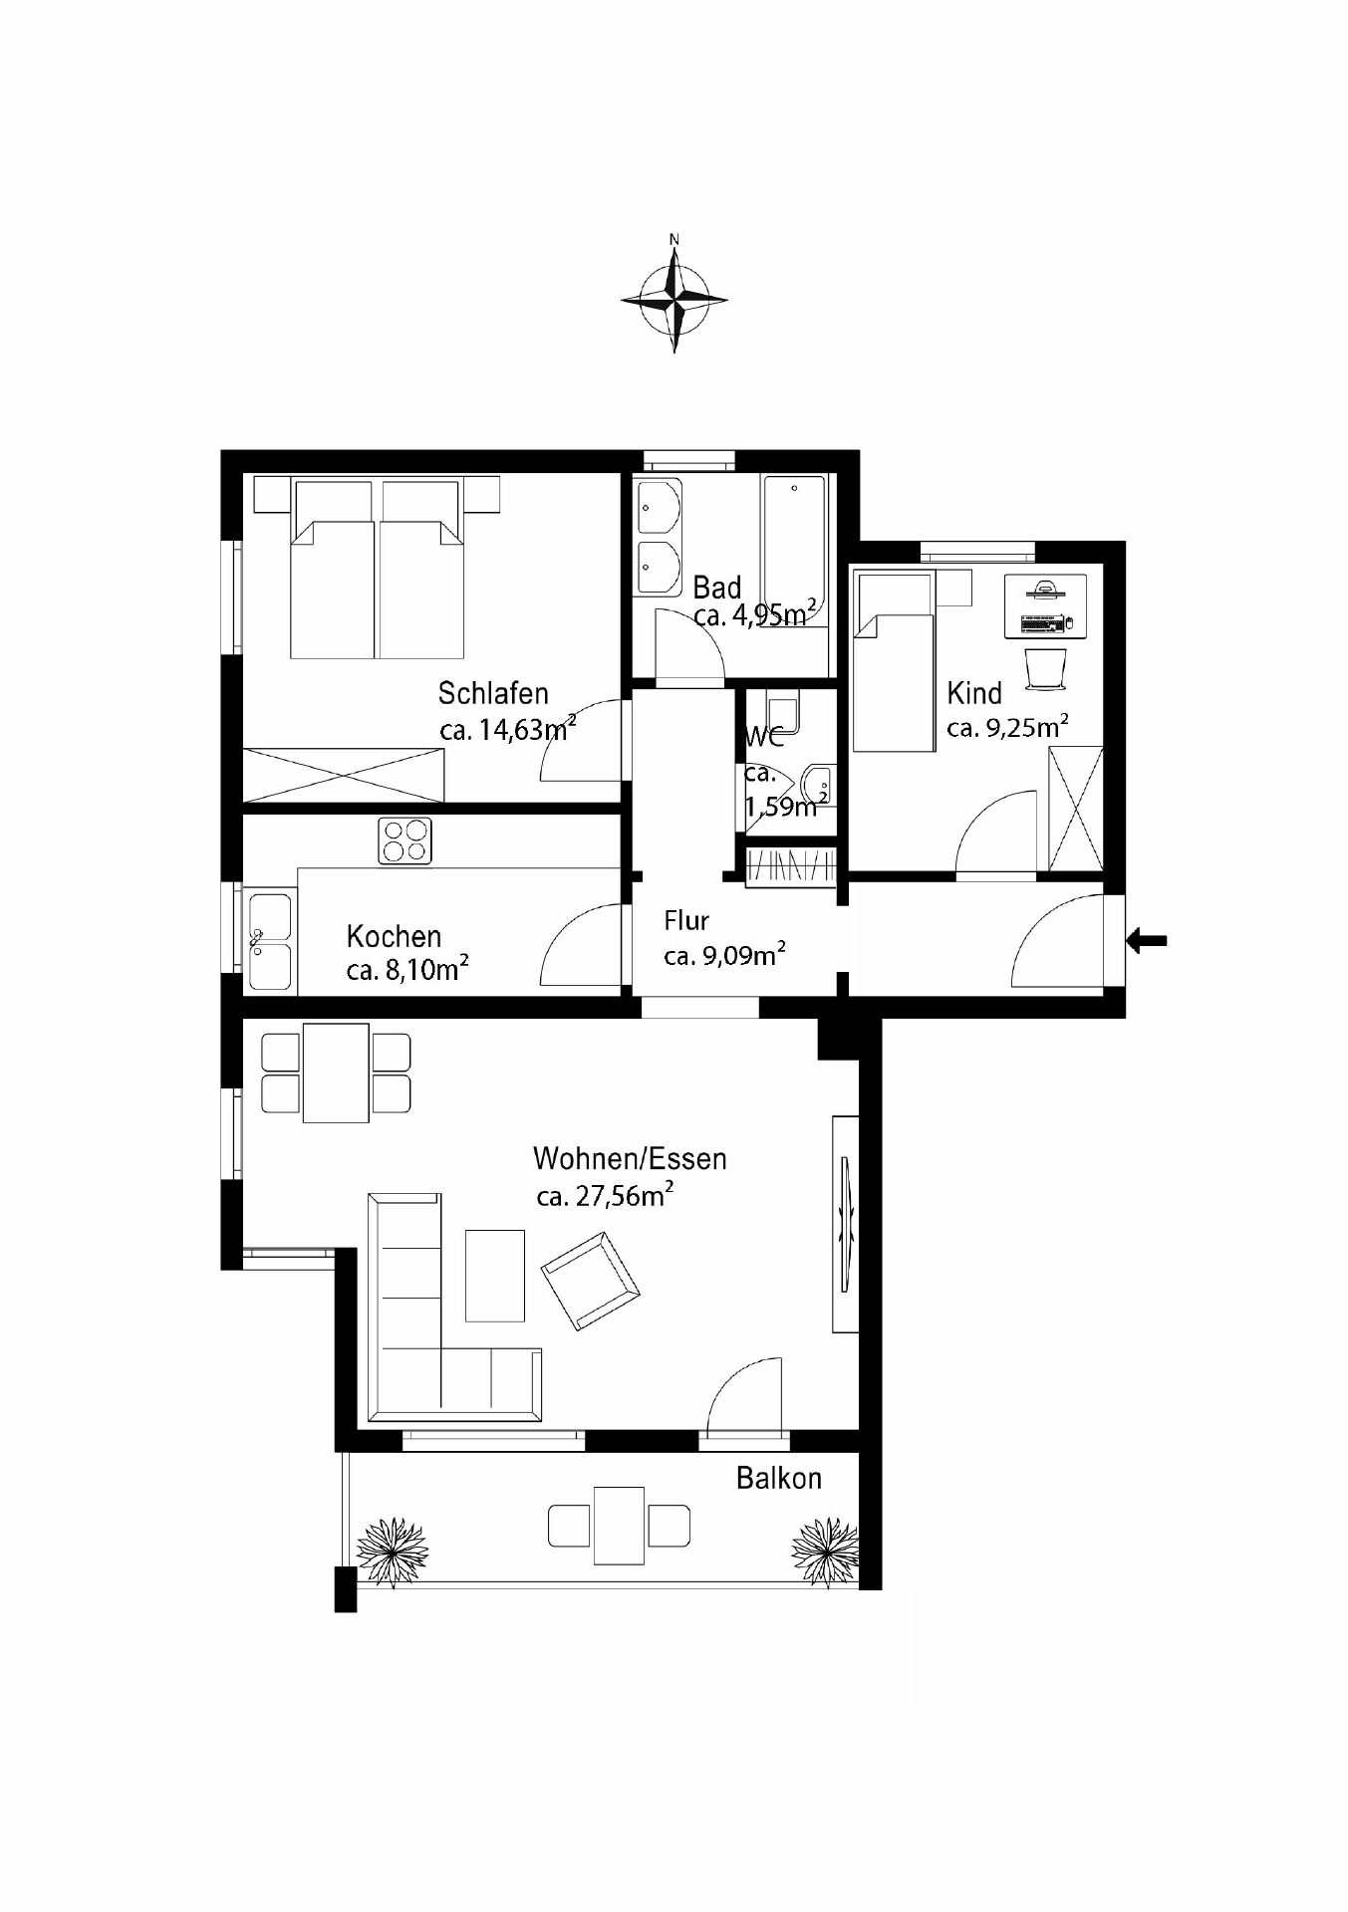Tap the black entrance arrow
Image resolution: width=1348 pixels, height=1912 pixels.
(x=1147, y=939)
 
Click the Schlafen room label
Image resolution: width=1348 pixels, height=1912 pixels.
(x=493, y=693)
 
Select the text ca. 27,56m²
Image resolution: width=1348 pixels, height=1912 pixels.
(x=605, y=1194)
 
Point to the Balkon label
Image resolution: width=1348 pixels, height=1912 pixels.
(x=779, y=1478)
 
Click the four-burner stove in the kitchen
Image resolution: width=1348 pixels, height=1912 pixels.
(x=405, y=839)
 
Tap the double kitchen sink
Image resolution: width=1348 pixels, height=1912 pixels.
(x=270, y=942)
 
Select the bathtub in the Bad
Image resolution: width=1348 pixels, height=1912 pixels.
(x=794, y=551)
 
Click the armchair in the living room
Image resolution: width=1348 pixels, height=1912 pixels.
(x=591, y=1280)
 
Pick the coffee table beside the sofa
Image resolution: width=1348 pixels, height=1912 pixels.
(x=495, y=1276)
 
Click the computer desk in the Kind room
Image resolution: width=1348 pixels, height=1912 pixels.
(x=1045, y=605)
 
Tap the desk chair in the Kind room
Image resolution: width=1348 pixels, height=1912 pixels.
(x=1045, y=668)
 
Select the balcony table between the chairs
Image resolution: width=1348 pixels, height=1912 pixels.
(x=619, y=1525)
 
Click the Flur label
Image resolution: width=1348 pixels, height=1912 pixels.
(x=686, y=921)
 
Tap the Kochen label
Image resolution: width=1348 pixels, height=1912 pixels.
(x=394, y=936)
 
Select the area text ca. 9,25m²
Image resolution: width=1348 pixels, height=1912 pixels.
(x=1008, y=727)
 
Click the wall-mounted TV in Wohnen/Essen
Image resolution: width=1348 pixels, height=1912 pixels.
(x=846, y=1224)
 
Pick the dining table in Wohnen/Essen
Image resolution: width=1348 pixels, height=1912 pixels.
(x=336, y=1073)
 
